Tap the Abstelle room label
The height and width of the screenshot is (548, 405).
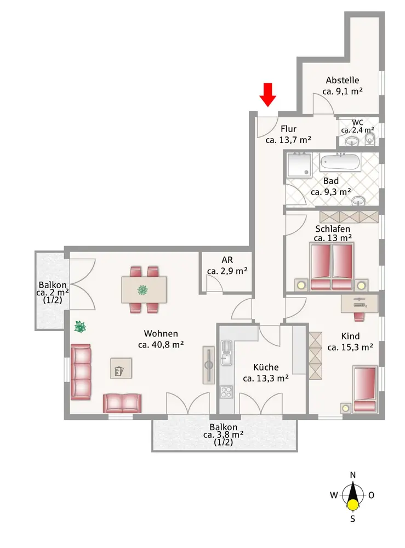343,79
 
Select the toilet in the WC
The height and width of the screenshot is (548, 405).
370,139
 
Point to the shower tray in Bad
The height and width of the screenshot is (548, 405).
299,164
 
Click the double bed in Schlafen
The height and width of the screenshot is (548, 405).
331,267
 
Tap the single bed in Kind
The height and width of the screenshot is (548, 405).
364,389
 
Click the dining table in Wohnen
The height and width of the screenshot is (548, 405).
144,289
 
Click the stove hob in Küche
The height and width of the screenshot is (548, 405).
226,392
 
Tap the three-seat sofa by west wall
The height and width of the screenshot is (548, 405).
81,371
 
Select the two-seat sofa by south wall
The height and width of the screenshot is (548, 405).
122,403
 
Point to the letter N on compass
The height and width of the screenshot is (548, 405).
353,475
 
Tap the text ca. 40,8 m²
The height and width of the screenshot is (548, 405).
161,345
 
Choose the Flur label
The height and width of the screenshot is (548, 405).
288,129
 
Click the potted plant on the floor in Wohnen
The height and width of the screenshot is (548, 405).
81,327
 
